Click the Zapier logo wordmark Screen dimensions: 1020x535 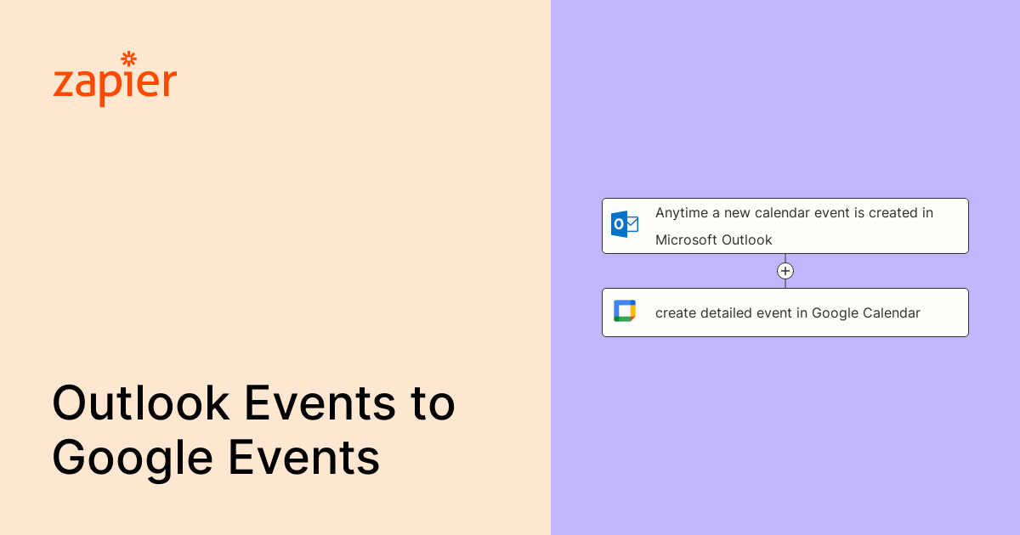(115, 80)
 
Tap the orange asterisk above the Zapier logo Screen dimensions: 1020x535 (129, 59)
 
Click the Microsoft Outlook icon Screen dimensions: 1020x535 (624, 224)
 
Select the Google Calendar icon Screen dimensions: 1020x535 (625, 311)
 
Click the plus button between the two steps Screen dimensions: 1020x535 (785, 271)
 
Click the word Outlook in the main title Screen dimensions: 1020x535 (141, 403)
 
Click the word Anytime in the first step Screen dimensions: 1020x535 (682, 213)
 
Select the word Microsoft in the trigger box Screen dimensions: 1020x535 (686, 239)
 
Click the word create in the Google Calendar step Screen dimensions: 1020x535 (676, 313)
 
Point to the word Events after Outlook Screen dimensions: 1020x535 (320, 403)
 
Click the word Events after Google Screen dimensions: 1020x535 (304, 458)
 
